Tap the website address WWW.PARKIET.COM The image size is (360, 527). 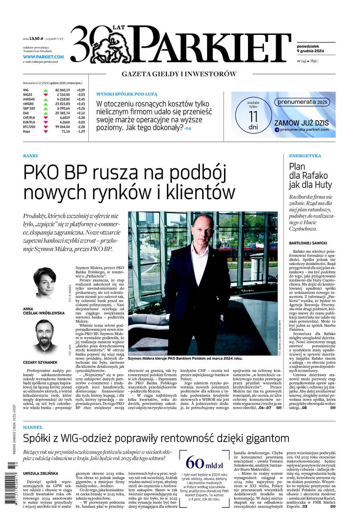(43, 57)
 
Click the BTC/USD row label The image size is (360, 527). (30, 127)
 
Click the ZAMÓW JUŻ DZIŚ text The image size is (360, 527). (301, 123)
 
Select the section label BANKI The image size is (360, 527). (30, 156)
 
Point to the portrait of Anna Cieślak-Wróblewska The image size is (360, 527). (45, 282)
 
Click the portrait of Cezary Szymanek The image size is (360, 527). (44, 336)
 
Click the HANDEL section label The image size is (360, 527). (33, 427)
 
